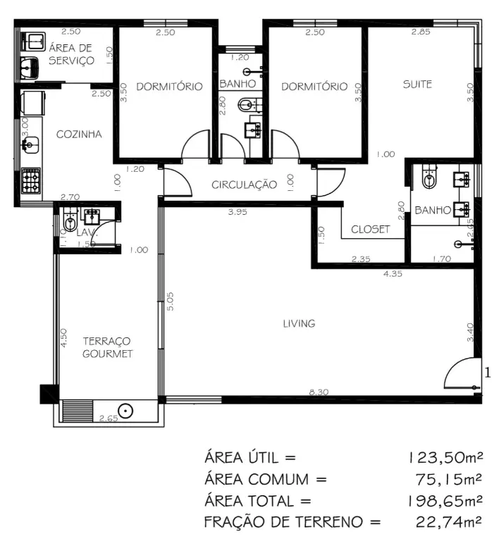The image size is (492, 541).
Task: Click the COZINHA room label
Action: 79,135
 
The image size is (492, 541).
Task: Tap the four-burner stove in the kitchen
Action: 31,180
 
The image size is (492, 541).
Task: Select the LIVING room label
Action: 299,323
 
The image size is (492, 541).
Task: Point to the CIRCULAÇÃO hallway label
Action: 244,185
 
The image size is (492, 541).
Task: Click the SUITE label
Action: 417,85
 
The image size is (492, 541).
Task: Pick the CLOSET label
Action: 371,230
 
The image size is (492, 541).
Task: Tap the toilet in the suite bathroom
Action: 429,176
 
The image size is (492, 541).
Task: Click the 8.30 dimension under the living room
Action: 319,392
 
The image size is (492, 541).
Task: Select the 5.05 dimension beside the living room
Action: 170,301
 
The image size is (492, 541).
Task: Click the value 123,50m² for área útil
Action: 445,458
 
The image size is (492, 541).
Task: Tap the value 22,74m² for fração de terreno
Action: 449,522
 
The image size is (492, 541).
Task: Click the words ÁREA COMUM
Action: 257,480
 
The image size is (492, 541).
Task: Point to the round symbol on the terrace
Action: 125,411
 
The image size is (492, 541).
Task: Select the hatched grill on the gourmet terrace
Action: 78,411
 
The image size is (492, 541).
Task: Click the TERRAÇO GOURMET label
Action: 107,347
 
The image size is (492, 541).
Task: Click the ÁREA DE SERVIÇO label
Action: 71,54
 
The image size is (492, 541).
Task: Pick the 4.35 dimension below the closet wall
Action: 393,273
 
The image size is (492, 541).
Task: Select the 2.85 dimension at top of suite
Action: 421,32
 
